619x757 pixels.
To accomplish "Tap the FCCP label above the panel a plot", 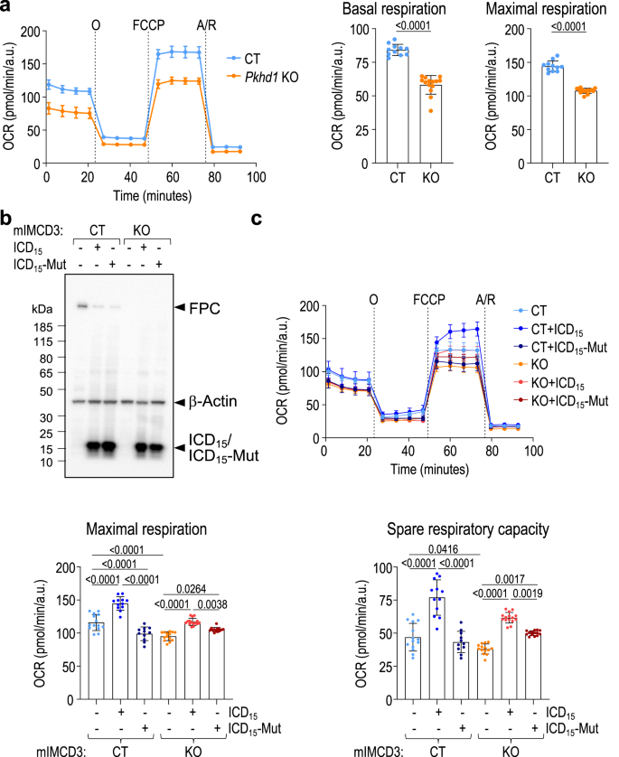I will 149,20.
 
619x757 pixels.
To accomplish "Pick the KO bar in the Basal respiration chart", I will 436,104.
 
